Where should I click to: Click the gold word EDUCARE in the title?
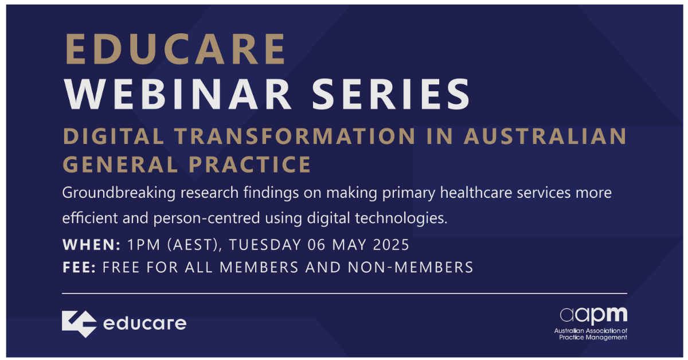[175, 49]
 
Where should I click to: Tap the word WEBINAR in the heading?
[178, 94]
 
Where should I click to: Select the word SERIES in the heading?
[391, 94]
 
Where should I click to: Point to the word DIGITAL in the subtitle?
[114, 136]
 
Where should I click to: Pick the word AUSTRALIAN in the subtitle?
[545, 136]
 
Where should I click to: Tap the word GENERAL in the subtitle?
[121, 165]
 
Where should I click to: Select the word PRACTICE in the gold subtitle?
[250, 165]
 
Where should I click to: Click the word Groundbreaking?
[119, 193]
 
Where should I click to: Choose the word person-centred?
[207, 218]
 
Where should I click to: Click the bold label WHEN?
[92, 245]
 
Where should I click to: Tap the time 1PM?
[144, 245]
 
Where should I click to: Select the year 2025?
[391, 245]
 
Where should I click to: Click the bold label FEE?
[79, 267]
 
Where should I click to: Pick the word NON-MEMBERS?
[411, 267]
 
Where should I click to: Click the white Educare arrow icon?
[79, 324]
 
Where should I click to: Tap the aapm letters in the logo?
[593, 315]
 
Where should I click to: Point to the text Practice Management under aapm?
[593, 337]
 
